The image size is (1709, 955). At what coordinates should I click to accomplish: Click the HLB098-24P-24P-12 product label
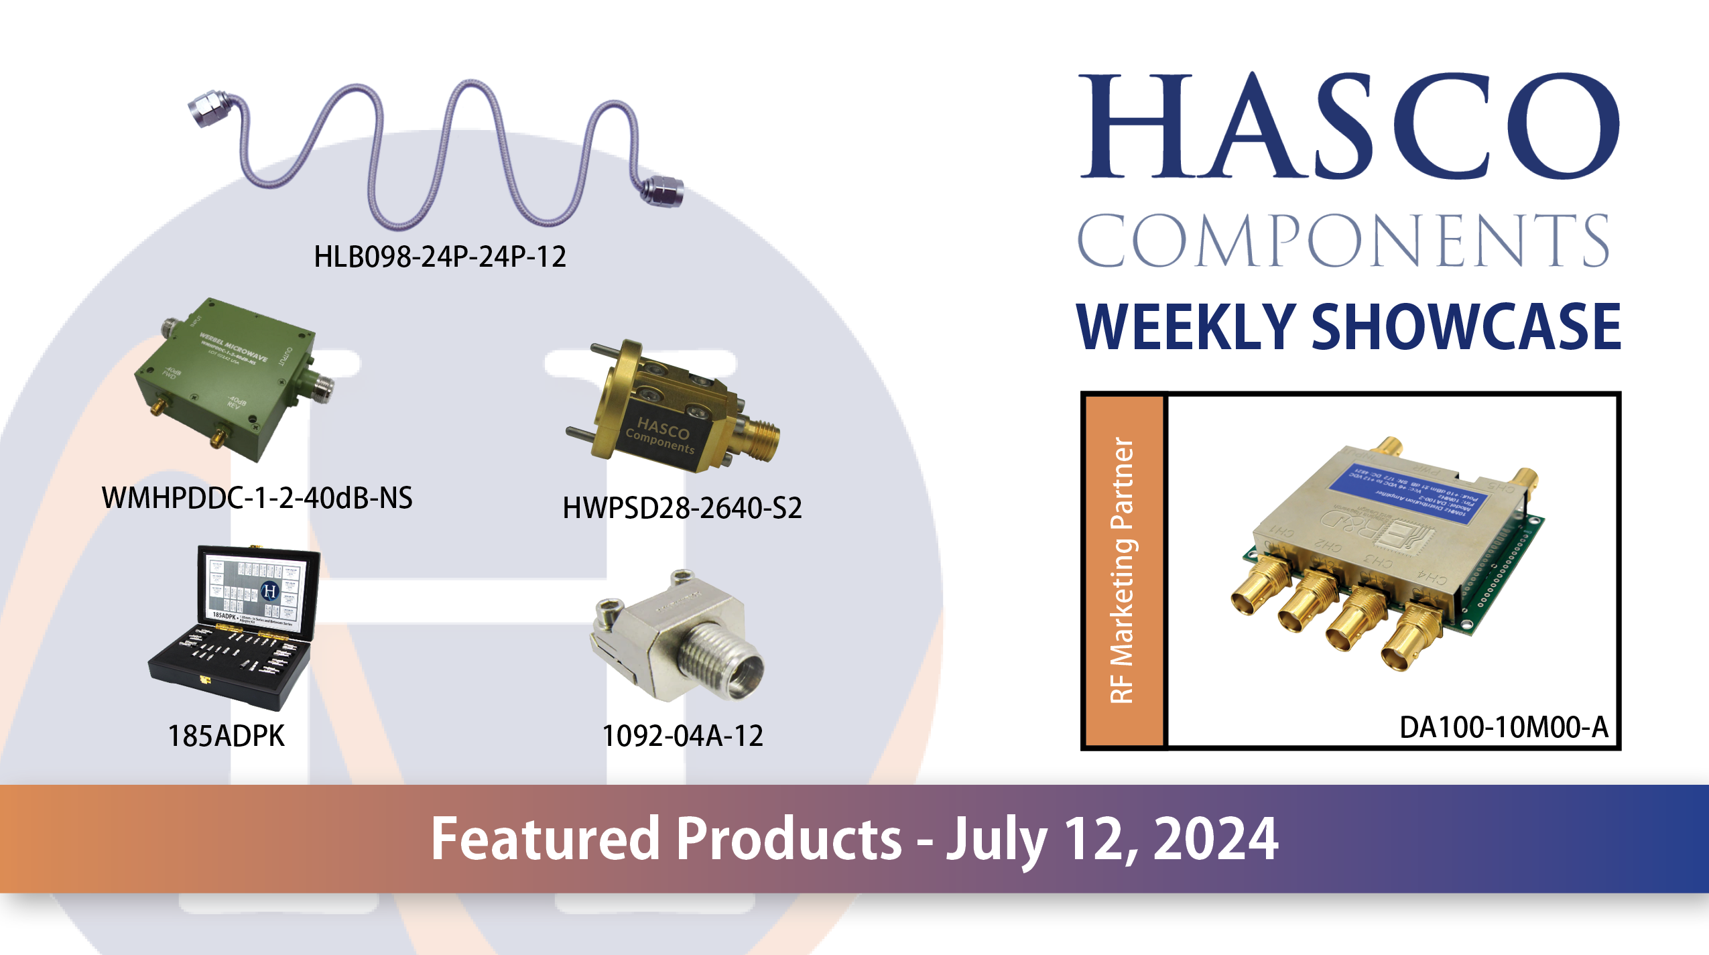click(440, 257)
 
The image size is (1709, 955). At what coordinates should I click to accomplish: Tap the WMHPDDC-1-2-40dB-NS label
click(257, 498)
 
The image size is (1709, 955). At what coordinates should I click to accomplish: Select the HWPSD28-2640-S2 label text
click(682, 508)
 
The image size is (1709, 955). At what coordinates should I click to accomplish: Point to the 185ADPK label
click(226, 736)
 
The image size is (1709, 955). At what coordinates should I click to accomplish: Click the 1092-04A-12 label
click(682, 736)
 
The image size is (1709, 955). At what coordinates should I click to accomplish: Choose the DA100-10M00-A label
click(1503, 727)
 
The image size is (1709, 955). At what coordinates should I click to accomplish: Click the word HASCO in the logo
click(1348, 127)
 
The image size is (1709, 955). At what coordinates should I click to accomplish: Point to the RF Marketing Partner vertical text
click(1122, 570)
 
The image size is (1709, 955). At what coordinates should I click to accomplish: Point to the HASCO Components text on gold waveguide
click(660, 436)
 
